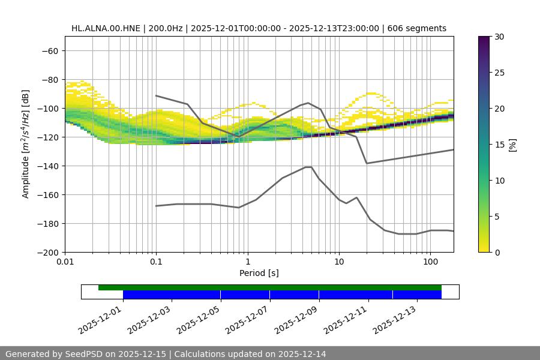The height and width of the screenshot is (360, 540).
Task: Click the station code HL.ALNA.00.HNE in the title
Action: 106,28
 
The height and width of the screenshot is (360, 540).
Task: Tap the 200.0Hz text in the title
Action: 166,28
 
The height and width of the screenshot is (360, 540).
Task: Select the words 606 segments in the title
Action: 417,28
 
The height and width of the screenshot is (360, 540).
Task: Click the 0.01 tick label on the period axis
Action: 65,262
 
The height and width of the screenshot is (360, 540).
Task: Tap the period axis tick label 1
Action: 247,262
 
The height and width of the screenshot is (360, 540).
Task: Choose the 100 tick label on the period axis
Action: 430,262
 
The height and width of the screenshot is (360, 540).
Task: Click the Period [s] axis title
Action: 259,273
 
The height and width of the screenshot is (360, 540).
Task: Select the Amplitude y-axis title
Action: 26,144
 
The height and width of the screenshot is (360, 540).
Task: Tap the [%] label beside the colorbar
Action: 512,145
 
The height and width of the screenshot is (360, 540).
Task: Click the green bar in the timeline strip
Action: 270,287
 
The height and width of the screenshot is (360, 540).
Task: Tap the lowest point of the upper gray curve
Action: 367,163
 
